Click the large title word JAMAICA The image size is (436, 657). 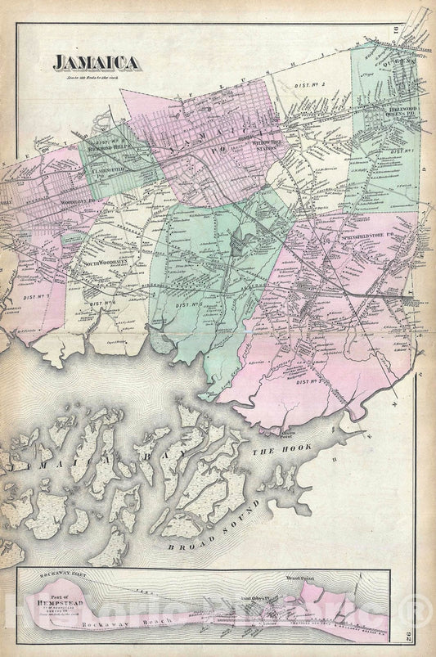click(96, 62)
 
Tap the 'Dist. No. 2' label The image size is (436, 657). click(312, 84)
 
